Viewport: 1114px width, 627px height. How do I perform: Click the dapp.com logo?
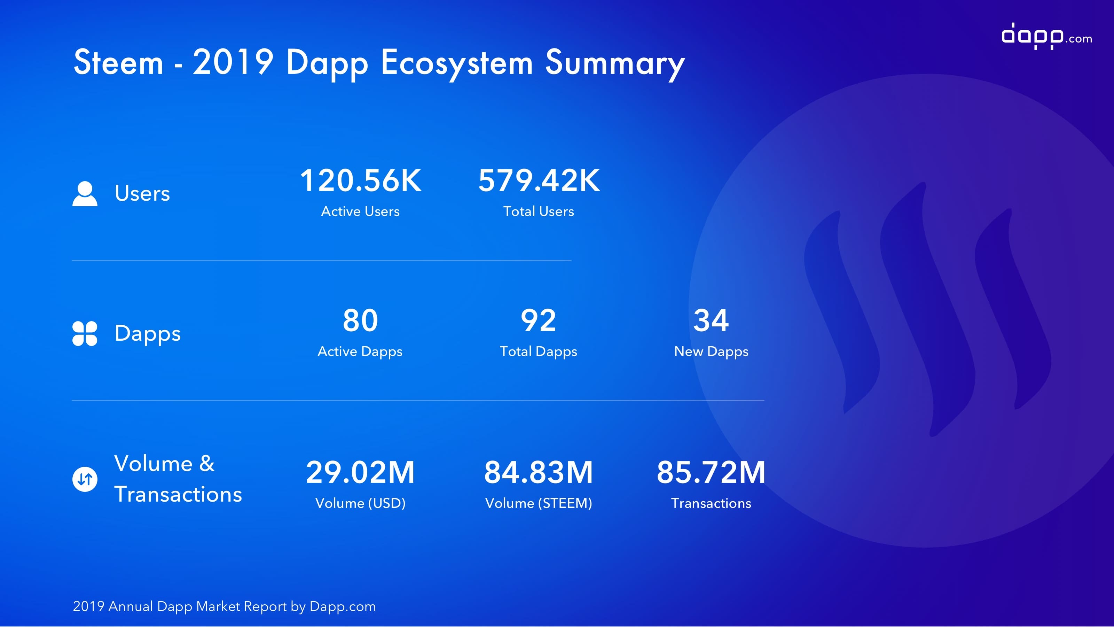1046,36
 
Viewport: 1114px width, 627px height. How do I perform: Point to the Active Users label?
360,211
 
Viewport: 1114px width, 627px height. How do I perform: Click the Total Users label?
539,211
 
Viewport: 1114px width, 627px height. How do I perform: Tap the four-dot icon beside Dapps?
85,334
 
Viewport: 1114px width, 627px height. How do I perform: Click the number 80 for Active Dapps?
360,320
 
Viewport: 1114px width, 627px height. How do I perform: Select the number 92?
539,320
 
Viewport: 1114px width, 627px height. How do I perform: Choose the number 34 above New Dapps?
711,320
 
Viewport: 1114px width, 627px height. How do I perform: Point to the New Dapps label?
711,352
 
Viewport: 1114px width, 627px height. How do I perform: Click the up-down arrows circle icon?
85,479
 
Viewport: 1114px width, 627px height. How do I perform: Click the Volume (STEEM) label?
539,503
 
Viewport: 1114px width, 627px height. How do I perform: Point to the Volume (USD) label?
360,503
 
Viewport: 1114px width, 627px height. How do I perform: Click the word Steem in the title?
118,62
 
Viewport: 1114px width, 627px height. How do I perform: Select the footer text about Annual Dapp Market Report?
224,606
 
